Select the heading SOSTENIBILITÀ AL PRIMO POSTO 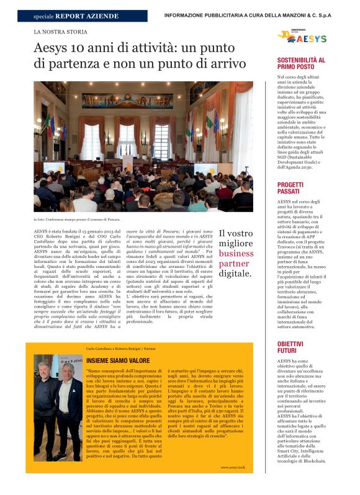(x=300, y=64)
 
